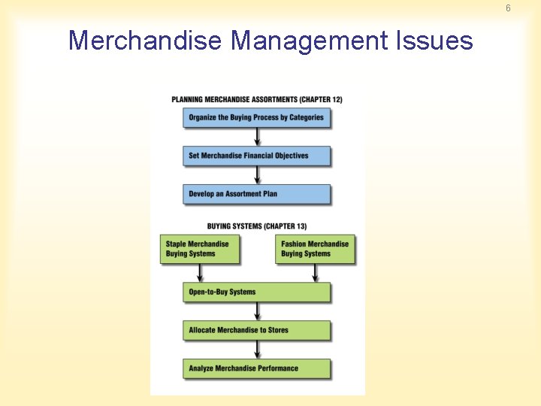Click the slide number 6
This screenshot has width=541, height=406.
[x=508, y=8]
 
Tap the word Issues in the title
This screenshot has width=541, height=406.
[x=435, y=40]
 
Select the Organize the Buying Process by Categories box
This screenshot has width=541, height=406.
[x=256, y=117]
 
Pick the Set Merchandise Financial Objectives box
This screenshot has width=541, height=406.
[x=256, y=156]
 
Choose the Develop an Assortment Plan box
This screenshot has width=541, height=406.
[x=256, y=194]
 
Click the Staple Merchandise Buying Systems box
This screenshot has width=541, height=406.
[x=199, y=249]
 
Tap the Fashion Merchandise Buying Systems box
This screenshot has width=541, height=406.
[x=316, y=249]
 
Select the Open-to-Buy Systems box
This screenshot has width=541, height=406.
[x=256, y=292]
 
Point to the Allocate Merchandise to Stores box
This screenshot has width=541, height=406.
[x=256, y=330]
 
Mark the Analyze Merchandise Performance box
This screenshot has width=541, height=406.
[x=256, y=368]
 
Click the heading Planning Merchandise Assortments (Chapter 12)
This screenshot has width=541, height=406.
[x=256, y=99]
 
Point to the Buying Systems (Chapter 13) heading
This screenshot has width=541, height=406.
[x=256, y=226]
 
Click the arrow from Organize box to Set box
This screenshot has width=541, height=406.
[x=257, y=137]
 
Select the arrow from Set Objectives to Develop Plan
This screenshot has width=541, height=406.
[x=257, y=175]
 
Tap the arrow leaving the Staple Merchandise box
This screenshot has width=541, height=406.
[x=201, y=272]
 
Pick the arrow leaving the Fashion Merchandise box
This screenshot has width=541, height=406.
[x=315, y=272]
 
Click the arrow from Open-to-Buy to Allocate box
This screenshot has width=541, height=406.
[x=257, y=311]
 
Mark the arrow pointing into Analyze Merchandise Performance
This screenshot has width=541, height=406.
[x=257, y=350]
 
